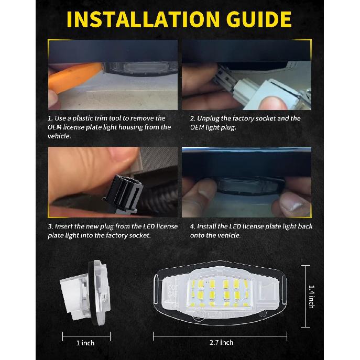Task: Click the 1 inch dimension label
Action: (85, 343)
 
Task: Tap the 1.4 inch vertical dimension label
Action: (311, 296)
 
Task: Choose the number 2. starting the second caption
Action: (192, 118)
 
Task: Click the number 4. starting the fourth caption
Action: (192, 226)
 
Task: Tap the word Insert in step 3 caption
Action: (66, 226)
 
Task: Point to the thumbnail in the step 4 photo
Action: (291, 203)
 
